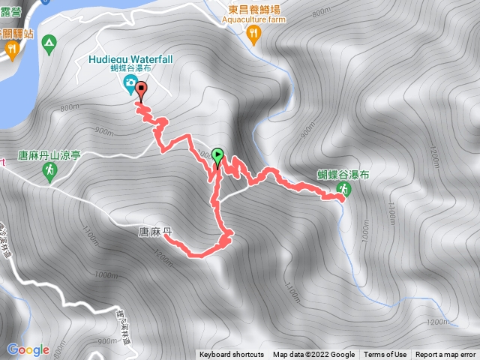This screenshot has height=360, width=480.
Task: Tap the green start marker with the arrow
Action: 217,156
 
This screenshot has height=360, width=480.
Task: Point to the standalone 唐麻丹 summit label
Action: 156,233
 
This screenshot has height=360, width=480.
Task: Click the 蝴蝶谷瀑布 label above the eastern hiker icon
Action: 343,174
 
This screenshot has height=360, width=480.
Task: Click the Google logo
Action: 28,349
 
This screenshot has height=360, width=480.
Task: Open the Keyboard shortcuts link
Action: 232,355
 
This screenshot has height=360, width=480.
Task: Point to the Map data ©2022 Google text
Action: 313,355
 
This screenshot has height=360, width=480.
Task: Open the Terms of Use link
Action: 385,355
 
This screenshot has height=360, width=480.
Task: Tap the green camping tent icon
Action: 49,42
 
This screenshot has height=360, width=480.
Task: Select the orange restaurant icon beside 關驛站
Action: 12,49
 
